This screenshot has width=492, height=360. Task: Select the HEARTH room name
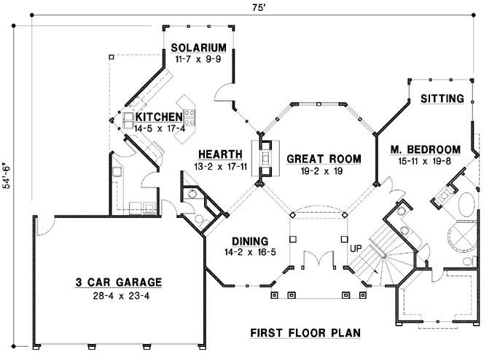[x=220, y=154]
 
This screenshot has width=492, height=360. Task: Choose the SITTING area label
[x=442, y=98]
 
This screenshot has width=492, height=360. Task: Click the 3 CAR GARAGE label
[x=117, y=283]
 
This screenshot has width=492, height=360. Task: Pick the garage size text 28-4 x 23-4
[x=117, y=296]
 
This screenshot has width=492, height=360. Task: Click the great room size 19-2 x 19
[x=314, y=171]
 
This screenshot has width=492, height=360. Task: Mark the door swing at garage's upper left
[x=43, y=227]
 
